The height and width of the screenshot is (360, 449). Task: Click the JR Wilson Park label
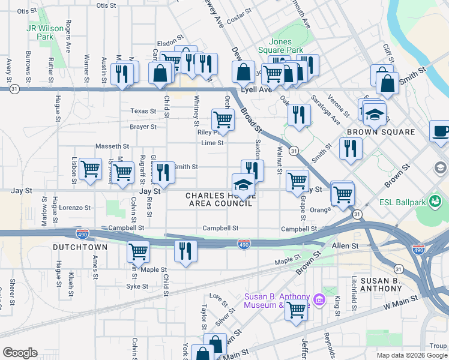pyautogui.click(x=40, y=32)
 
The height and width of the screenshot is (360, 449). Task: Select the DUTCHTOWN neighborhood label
pyautogui.click(x=80, y=247)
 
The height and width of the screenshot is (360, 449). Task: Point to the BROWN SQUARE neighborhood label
pyautogui.click(x=381, y=132)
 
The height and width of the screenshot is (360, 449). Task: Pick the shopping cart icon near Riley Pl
pyautogui.click(x=223, y=119)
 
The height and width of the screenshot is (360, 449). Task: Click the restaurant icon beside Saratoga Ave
pyautogui.click(x=299, y=114)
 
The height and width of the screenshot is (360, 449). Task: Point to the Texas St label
pyautogui.click(x=143, y=111)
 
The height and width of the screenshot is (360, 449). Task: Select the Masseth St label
pyautogui.click(x=113, y=146)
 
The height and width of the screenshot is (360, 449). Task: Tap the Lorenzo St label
pyautogui.click(x=76, y=208)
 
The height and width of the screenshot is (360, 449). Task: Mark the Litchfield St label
pyautogui.click(x=355, y=290)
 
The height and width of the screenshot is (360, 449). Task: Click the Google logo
pyautogui.click(x=20, y=352)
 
